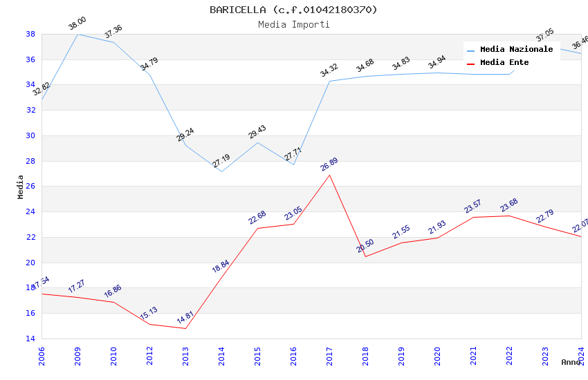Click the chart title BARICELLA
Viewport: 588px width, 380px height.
[x=293, y=10]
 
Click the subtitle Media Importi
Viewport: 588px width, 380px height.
[x=293, y=24]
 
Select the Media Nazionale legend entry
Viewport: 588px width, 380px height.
[x=516, y=50]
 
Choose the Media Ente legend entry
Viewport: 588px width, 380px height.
[x=504, y=63]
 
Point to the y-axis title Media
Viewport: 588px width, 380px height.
[x=21, y=187]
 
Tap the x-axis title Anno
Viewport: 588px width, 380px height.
[x=571, y=362]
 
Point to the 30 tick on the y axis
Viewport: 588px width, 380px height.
[x=30, y=135]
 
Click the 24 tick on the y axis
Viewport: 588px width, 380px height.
[x=30, y=212]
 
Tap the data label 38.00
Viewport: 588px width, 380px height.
[x=77, y=26]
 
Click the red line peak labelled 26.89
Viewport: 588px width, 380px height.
[x=329, y=175]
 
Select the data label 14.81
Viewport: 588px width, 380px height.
[x=185, y=319]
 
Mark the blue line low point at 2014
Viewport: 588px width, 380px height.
[x=221, y=171]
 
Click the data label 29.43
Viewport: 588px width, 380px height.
[x=257, y=133]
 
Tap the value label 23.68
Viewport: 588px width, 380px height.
[x=508, y=206]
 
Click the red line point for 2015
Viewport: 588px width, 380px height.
[x=257, y=228]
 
